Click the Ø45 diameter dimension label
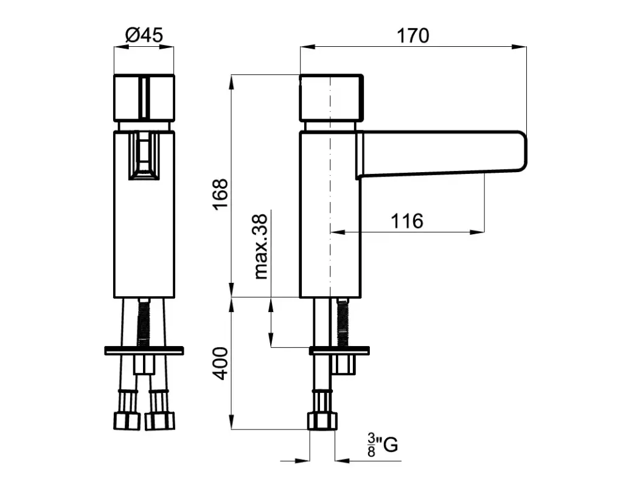144,35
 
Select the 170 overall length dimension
413,36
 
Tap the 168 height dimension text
220,194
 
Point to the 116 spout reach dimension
407,221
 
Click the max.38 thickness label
260,246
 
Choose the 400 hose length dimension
220,364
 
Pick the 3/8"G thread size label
382,445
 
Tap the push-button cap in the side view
331,98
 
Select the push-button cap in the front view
144,98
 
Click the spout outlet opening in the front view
144,156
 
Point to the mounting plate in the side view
339,351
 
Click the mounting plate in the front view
144,351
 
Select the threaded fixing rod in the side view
343,322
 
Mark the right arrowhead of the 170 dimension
519,47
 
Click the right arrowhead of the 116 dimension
477,232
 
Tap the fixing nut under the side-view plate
343,364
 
